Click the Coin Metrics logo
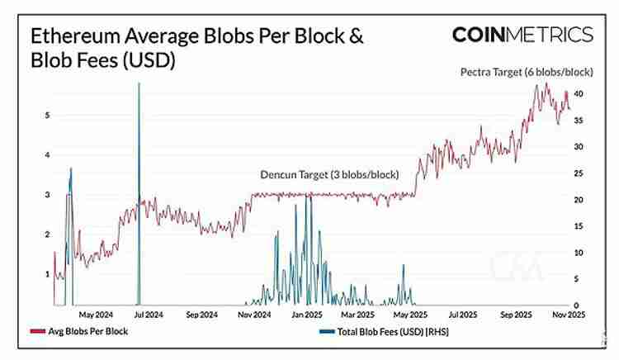(522, 35)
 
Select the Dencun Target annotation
(329, 175)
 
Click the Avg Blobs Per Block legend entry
(78, 332)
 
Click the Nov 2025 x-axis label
(568, 315)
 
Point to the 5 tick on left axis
(47, 116)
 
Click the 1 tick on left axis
(47, 274)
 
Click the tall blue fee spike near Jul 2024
(139, 165)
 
